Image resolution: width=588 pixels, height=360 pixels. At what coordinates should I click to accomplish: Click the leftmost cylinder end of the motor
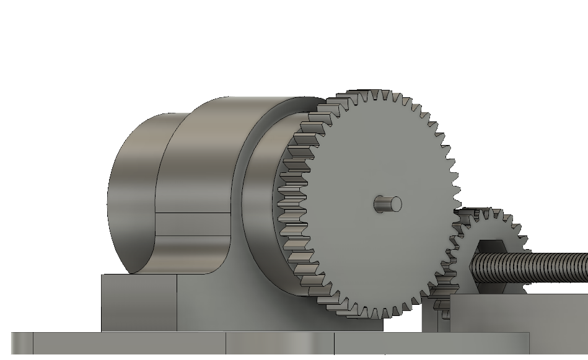130,192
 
